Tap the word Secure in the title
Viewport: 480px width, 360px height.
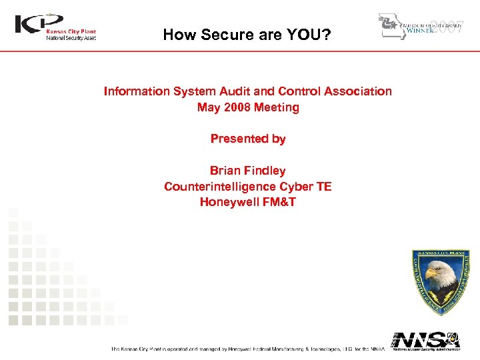coord(227,35)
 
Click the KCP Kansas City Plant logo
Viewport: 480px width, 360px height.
coord(56,27)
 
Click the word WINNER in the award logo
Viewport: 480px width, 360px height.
coord(419,31)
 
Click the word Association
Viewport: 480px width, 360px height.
coord(359,91)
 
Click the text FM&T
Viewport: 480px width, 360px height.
coord(280,202)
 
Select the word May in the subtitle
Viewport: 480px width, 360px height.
coord(209,107)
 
